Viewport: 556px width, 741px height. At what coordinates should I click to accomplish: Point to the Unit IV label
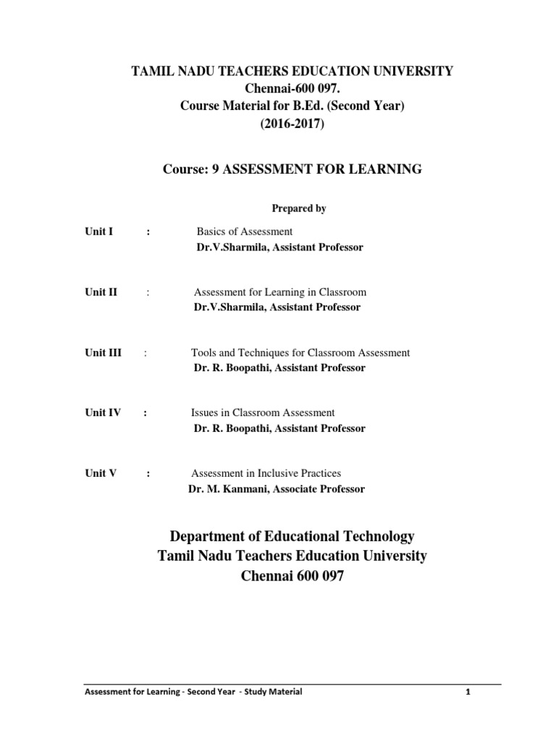[102, 412]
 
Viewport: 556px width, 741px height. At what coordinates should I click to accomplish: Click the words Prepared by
[298, 208]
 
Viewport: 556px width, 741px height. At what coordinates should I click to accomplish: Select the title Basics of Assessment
[245, 232]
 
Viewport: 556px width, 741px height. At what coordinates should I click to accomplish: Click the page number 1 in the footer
[468, 692]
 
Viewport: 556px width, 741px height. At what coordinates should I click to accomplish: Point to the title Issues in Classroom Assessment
[263, 412]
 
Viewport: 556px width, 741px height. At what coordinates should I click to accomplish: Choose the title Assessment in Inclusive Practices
[266, 473]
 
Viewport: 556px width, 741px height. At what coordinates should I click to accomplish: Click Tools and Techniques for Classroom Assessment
[300, 352]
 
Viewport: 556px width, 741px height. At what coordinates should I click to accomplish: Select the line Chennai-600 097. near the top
[292, 88]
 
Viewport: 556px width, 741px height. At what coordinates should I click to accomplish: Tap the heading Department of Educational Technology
[292, 536]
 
